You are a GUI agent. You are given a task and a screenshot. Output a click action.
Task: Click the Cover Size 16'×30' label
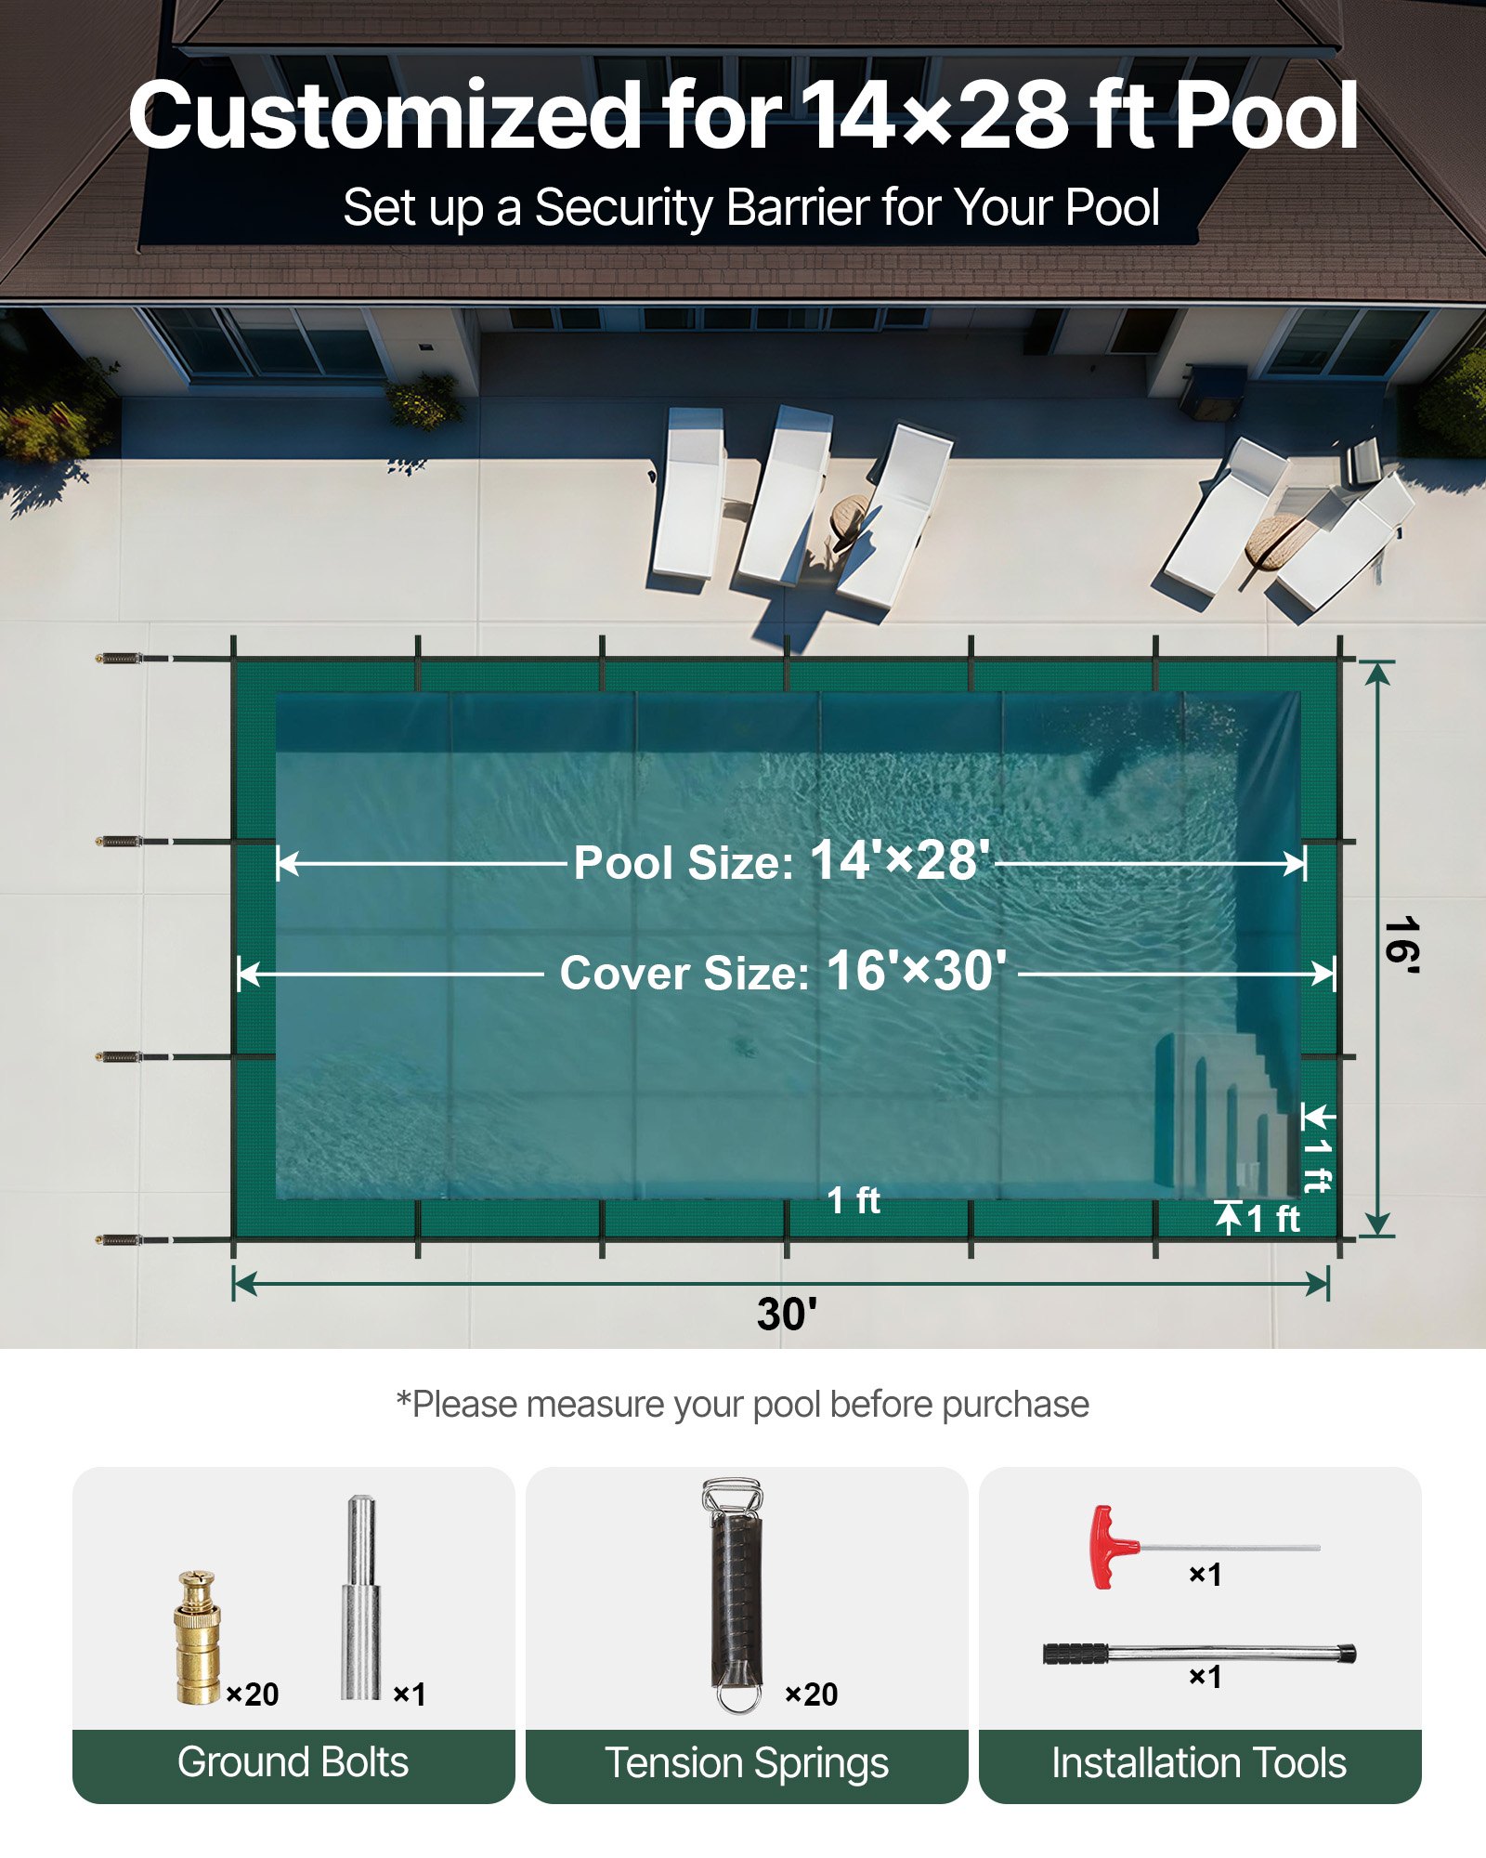(x=782, y=973)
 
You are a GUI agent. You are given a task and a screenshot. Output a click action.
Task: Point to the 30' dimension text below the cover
(x=786, y=1314)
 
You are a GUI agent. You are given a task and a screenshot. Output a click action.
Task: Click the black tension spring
(x=736, y=1593)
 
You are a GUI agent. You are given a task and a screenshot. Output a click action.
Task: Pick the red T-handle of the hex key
(x=1107, y=1547)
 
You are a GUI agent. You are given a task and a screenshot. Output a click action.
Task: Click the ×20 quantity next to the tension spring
(x=811, y=1694)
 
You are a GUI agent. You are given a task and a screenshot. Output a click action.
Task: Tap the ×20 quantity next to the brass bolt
(x=252, y=1694)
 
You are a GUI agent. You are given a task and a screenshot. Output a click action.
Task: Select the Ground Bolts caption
(x=293, y=1762)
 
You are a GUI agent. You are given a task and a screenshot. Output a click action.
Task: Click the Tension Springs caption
(x=747, y=1762)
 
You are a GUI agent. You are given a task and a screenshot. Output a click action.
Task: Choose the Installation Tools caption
(x=1199, y=1762)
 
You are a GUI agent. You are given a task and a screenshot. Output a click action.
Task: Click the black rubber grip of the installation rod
(x=1075, y=1654)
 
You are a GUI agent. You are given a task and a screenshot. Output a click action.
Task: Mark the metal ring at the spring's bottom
(x=738, y=1698)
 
